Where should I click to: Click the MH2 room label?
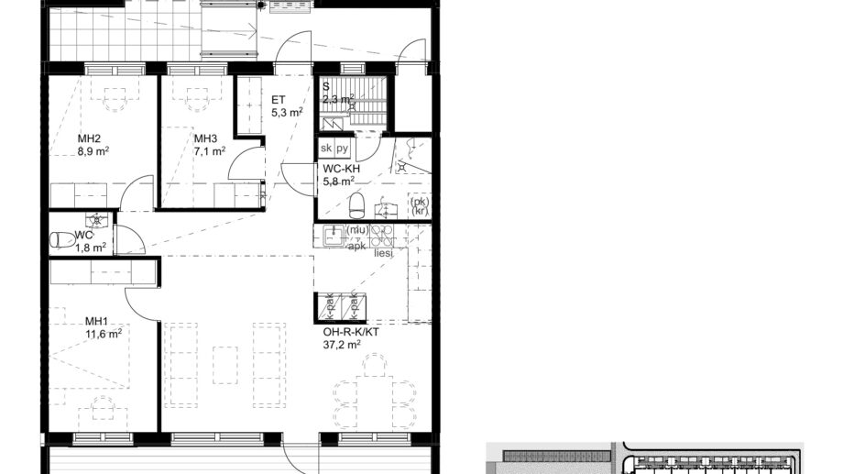pos(89,139)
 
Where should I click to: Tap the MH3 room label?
pos(204,139)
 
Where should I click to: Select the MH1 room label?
pos(96,321)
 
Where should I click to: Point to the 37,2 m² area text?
pos(341,345)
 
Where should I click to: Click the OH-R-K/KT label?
pos(350,332)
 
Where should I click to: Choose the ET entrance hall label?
pos(279,100)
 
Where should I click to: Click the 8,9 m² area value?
pos(93,151)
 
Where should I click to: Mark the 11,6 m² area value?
pos(103,334)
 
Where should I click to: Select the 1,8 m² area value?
pos(91,247)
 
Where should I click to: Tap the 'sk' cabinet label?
pos(325,148)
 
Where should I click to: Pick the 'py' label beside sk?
pos(342,148)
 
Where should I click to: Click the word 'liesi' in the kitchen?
pos(383,252)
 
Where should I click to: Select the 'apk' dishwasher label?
pos(356,245)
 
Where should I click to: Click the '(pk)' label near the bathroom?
pos(419,201)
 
